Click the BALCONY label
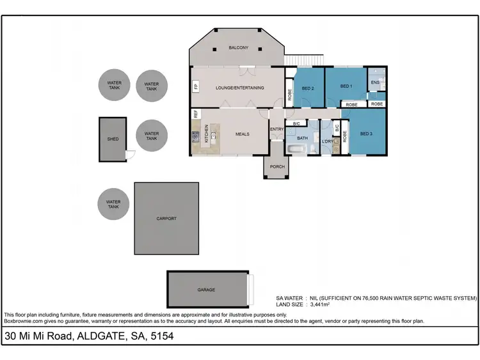coord(238,48)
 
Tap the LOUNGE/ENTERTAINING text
coord(239,88)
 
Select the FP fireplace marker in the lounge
coord(195,86)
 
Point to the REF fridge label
coord(195,114)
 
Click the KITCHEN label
coord(207,133)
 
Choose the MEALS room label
coord(242,134)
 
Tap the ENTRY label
coord(276,129)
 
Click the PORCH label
coord(276,166)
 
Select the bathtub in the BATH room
coord(298,149)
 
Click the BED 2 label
coord(308,88)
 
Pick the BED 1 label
coord(346,86)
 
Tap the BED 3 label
coord(365,134)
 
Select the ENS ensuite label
coord(376,82)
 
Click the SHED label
coord(112,139)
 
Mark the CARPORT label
coord(166,218)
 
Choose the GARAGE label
coord(206,290)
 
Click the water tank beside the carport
coord(113,204)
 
